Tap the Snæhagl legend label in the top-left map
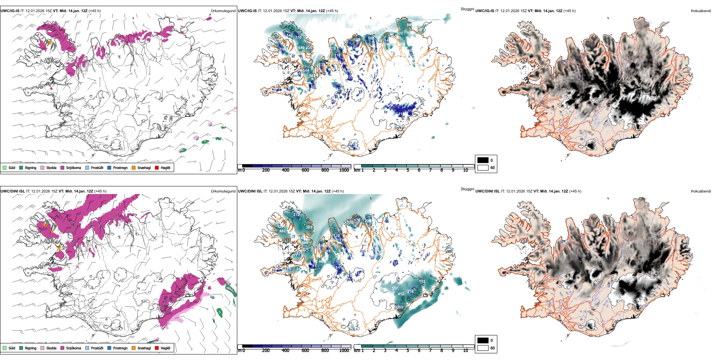point(144,168)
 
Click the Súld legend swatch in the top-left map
point(5,168)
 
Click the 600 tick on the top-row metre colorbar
point(305,170)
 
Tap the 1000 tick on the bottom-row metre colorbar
point(344,351)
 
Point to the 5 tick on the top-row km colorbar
point(408,170)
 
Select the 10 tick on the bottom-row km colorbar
point(465,351)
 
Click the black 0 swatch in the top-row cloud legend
point(483,160)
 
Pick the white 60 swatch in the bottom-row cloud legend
point(483,348)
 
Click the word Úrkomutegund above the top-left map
point(223,11)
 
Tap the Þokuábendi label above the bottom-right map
point(701,191)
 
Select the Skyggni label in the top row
point(467,9)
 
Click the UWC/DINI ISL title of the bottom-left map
point(12,191)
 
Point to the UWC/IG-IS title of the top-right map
point(485,11)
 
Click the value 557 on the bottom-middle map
point(395,288)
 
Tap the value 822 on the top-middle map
point(400,33)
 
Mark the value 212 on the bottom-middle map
point(296,215)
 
